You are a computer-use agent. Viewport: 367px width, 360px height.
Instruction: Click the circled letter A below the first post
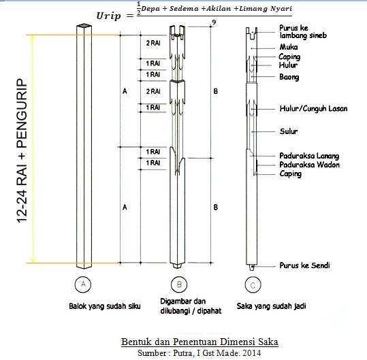83,284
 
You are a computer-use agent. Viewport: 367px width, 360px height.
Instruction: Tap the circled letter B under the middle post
179,284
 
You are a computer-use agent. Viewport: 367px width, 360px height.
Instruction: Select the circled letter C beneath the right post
253,285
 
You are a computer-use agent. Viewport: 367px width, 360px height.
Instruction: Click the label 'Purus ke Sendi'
305,265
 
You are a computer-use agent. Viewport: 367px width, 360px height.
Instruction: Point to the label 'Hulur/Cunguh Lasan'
313,108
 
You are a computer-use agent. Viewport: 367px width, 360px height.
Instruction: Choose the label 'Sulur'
289,131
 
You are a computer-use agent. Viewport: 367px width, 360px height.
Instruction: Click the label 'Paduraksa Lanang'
309,156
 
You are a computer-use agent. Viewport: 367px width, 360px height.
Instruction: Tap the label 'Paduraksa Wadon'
309,165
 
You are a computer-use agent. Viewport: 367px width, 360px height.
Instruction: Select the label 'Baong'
289,77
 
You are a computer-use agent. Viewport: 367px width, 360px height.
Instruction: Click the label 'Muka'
289,47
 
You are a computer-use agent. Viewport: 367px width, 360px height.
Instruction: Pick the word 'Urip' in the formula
109,16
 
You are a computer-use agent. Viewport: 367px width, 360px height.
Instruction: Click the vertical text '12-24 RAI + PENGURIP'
22,150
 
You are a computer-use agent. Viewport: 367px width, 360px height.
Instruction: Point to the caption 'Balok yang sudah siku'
105,306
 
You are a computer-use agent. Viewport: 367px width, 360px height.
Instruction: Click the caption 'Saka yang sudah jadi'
271,306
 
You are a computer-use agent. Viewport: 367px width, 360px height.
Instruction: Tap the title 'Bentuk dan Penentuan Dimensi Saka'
200,342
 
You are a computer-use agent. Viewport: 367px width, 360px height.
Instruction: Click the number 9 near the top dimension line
214,22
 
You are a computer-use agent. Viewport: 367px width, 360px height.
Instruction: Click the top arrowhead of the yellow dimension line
33,37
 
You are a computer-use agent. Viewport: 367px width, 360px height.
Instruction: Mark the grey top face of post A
84,25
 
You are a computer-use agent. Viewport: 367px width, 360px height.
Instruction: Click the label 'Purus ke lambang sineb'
303,32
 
